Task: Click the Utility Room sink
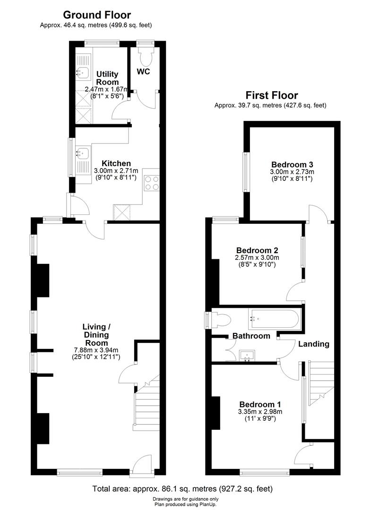tap(82, 72)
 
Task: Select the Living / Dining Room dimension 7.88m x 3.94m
tap(102, 350)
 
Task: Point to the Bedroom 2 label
tap(257, 250)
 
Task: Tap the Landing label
tap(313, 344)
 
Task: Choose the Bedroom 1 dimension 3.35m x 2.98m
tap(260, 412)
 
